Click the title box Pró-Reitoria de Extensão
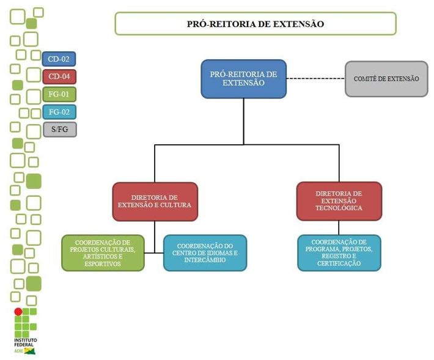point(255,24)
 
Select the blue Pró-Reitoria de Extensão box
point(243,79)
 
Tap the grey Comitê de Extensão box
point(386,79)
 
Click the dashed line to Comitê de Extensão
point(315,79)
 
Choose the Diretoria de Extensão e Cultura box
point(155,202)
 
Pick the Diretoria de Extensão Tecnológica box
point(339,201)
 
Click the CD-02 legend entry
point(59,59)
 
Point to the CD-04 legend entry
point(59,77)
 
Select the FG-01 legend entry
point(59,95)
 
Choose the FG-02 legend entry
point(59,112)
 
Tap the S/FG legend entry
point(59,130)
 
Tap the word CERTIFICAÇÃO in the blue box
point(339,263)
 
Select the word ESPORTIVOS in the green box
point(103,264)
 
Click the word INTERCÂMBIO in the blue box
point(205,260)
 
